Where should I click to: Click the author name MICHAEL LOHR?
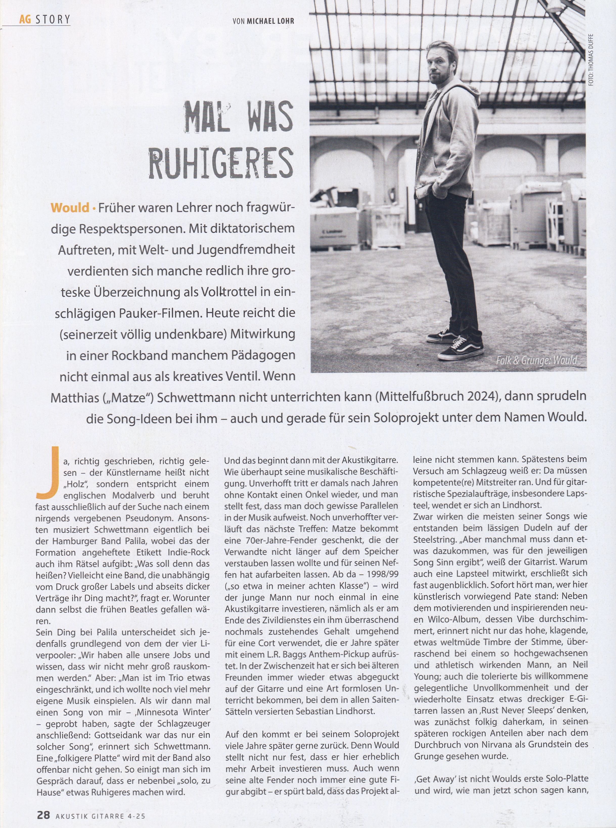(270, 21)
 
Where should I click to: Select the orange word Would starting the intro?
(70, 207)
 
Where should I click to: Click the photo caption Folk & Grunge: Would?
(536, 361)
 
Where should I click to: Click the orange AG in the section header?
(25, 19)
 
